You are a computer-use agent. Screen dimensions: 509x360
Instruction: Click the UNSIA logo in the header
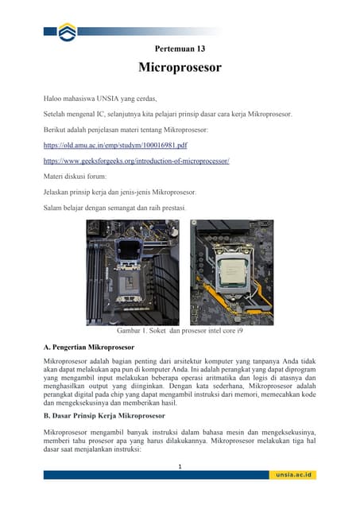pos(68,32)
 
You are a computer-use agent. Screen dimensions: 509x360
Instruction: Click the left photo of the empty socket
pos(133,272)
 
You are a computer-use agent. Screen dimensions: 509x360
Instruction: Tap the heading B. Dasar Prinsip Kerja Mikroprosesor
pos(103,415)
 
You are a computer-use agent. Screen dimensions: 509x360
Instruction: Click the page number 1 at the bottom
pos(180,466)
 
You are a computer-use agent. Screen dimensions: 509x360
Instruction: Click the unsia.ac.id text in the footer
pos(295,475)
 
